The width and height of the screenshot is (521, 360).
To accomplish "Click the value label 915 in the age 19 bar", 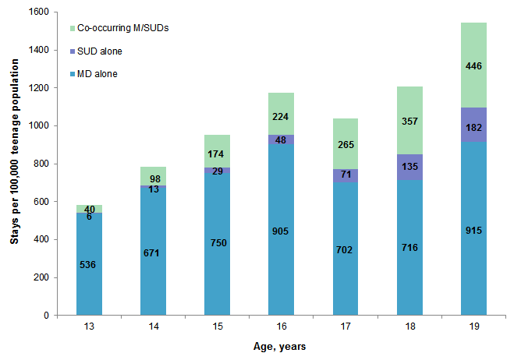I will tap(473, 231).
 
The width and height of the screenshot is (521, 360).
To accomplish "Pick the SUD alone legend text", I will tap(100, 51).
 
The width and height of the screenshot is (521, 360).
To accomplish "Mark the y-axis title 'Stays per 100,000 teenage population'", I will tap(15, 164).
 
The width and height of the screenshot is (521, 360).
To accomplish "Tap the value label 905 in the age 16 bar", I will tap(282, 231).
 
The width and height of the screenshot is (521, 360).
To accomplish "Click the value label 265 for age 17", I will tap(346, 144).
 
